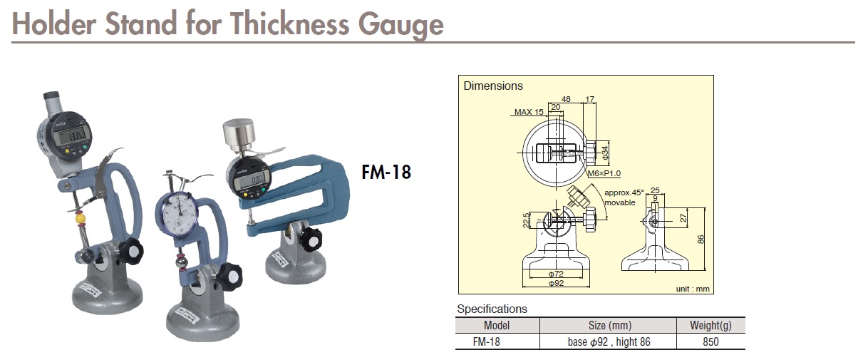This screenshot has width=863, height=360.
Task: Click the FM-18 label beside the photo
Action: tap(386, 173)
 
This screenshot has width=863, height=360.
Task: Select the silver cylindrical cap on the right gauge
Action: tap(240, 134)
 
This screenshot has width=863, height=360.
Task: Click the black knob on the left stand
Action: tap(130, 250)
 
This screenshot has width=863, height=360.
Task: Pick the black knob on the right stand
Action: tap(311, 240)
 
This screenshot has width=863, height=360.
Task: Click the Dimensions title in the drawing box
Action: tap(493, 86)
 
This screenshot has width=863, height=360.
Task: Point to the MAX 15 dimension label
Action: tap(528, 112)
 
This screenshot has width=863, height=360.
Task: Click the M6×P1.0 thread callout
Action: tap(604, 173)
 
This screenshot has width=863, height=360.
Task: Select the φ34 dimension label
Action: tap(603, 150)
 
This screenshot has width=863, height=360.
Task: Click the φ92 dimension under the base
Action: tap(557, 284)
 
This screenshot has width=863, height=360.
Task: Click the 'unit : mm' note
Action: tap(693, 289)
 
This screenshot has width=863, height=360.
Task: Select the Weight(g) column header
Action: tap(710, 326)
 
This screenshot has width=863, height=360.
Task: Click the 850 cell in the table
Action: tap(710, 341)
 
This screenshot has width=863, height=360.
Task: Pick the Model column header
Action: tap(497, 326)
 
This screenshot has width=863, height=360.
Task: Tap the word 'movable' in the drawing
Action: tap(619, 202)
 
